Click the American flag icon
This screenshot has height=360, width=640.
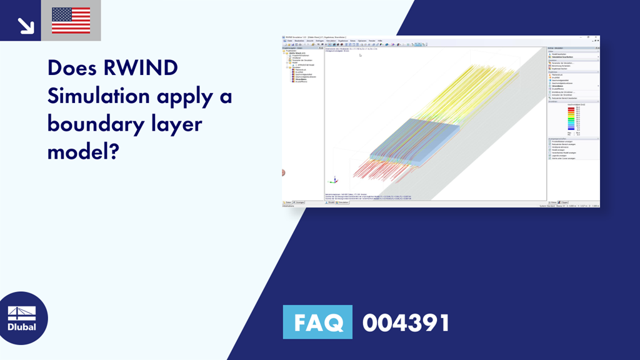pyautogui.click(x=71, y=21)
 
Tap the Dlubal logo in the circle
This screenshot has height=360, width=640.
pyautogui.click(x=24, y=319)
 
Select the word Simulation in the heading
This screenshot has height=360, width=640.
pyautogui.click(x=99, y=96)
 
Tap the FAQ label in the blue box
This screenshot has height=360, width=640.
pyautogui.click(x=317, y=323)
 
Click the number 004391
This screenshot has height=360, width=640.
pyautogui.click(x=406, y=323)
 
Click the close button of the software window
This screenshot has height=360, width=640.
pyautogui.click(x=597, y=37)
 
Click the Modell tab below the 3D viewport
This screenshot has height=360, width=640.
pyautogui.click(x=331, y=202)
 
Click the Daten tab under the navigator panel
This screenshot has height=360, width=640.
pyautogui.click(x=287, y=202)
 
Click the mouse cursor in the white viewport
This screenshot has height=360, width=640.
pyautogui.click(x=360, y=55)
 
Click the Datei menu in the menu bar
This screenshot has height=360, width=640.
pyautogui.click(x=289, y=41)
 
